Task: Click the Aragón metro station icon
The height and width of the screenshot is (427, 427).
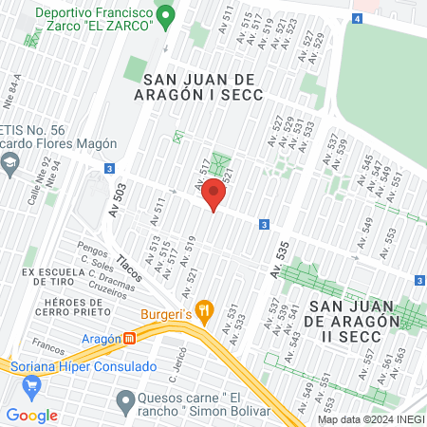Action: pos(130,338)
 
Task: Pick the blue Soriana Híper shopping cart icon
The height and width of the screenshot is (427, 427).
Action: pos(33,383)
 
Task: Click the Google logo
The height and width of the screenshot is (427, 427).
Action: pos(32,415)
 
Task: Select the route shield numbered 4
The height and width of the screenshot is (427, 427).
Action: pos(356,19)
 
